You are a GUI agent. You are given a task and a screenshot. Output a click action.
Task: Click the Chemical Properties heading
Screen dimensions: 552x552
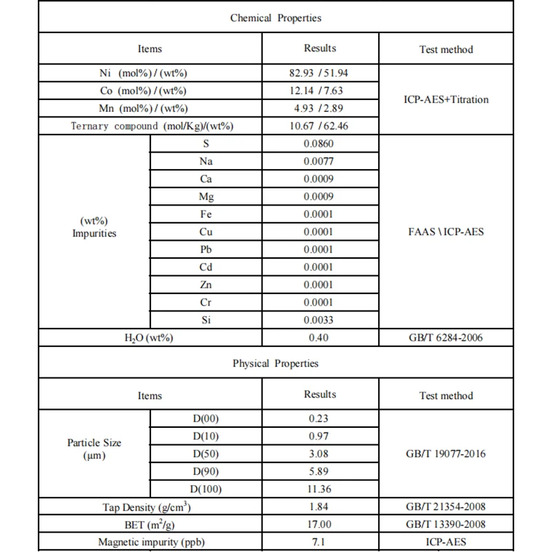(276, 18)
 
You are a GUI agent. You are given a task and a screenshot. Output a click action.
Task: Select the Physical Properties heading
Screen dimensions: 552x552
(276, 364)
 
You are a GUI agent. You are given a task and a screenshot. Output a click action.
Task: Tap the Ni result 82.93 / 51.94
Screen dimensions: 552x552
(320, 72)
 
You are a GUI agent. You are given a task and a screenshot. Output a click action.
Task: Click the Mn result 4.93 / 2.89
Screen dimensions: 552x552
(320, 108)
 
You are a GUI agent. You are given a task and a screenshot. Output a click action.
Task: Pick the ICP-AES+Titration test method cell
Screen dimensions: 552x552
(446, 99)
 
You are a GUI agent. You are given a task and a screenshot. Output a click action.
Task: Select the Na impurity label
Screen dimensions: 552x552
(206, 161)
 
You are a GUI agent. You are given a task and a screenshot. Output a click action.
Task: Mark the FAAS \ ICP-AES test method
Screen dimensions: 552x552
(446, 232)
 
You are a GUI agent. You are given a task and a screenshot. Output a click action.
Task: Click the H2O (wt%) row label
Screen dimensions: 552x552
(150, 338)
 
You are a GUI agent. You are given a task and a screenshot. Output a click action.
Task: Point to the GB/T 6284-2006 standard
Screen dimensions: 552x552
(446, 338)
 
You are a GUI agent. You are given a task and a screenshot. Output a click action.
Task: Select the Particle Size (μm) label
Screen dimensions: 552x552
(95, 448)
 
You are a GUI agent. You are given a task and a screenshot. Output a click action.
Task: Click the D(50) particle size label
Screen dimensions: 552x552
(206, 454)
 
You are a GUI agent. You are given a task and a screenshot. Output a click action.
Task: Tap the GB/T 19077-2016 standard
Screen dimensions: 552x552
(446, 454)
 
